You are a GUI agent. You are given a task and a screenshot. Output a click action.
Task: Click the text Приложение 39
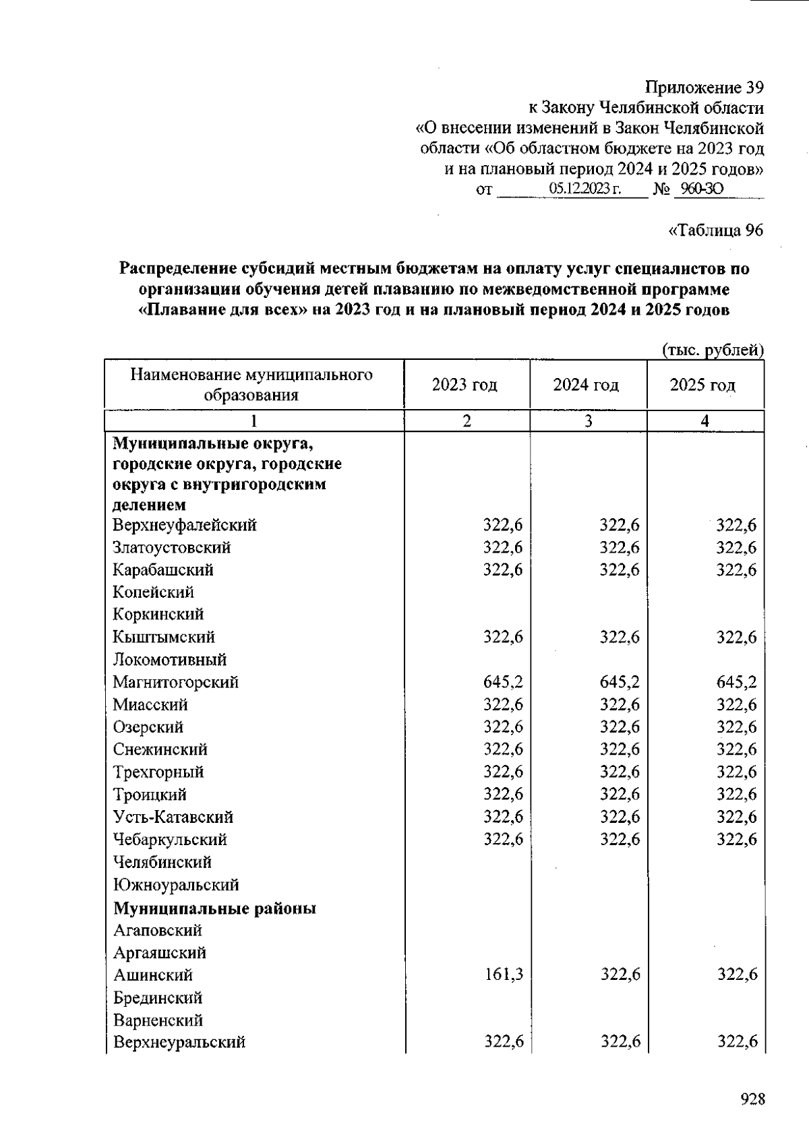(704, 88)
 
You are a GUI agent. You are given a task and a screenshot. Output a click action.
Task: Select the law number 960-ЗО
(701, 189)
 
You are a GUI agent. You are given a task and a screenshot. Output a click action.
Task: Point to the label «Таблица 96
(715, 230)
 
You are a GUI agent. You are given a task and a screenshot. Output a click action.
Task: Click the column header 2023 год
(465, 385)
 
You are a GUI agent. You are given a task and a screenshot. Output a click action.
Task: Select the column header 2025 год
(702, 385)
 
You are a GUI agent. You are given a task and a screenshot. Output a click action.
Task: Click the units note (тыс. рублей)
(713, 350)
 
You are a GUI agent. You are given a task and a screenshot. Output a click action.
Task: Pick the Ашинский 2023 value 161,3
(504, 975)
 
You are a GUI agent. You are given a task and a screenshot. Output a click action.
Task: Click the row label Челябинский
(162, 862)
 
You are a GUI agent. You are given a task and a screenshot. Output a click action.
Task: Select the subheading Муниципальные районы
(214, 908)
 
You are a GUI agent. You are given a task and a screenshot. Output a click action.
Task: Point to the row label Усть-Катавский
(173, 817)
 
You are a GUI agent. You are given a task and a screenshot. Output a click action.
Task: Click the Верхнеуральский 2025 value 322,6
(737, 1042)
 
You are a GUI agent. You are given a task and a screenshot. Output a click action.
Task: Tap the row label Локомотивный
(169, 659)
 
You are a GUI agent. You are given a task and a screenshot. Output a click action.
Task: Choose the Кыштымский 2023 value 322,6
(503, 637)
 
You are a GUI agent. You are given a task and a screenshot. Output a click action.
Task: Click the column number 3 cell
(588, 421)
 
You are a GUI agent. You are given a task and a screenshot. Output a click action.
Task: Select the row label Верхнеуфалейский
(185, 525)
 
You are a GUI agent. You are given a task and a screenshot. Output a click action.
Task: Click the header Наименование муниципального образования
(251, 385)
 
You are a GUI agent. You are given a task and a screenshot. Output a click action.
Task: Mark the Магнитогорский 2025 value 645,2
(736, 682)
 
